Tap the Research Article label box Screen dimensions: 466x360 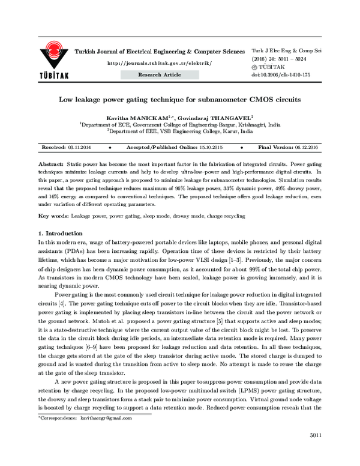coord(159,74)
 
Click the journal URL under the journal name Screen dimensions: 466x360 coord(159,63)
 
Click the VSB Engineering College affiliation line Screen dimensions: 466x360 coord(179,131)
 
